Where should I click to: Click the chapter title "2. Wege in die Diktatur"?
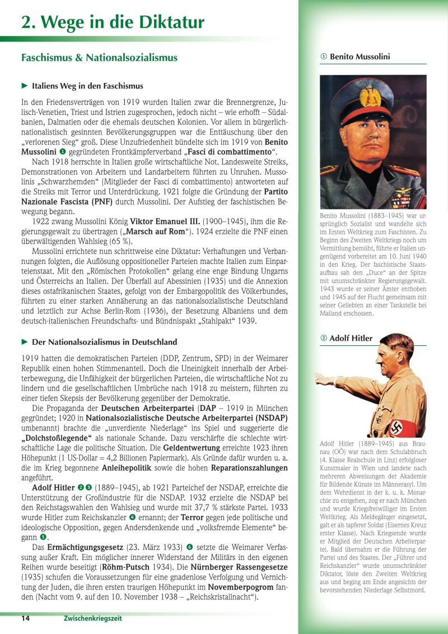click(x=113, y=22)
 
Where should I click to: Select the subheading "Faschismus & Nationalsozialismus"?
click(x=99, y=58)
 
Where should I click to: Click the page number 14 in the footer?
click(x=26, y=618)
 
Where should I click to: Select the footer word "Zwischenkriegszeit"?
click(x=92, y=618)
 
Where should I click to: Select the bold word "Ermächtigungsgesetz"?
click(x=85, y=547)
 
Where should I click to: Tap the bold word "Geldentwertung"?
click(x=195, y=448)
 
